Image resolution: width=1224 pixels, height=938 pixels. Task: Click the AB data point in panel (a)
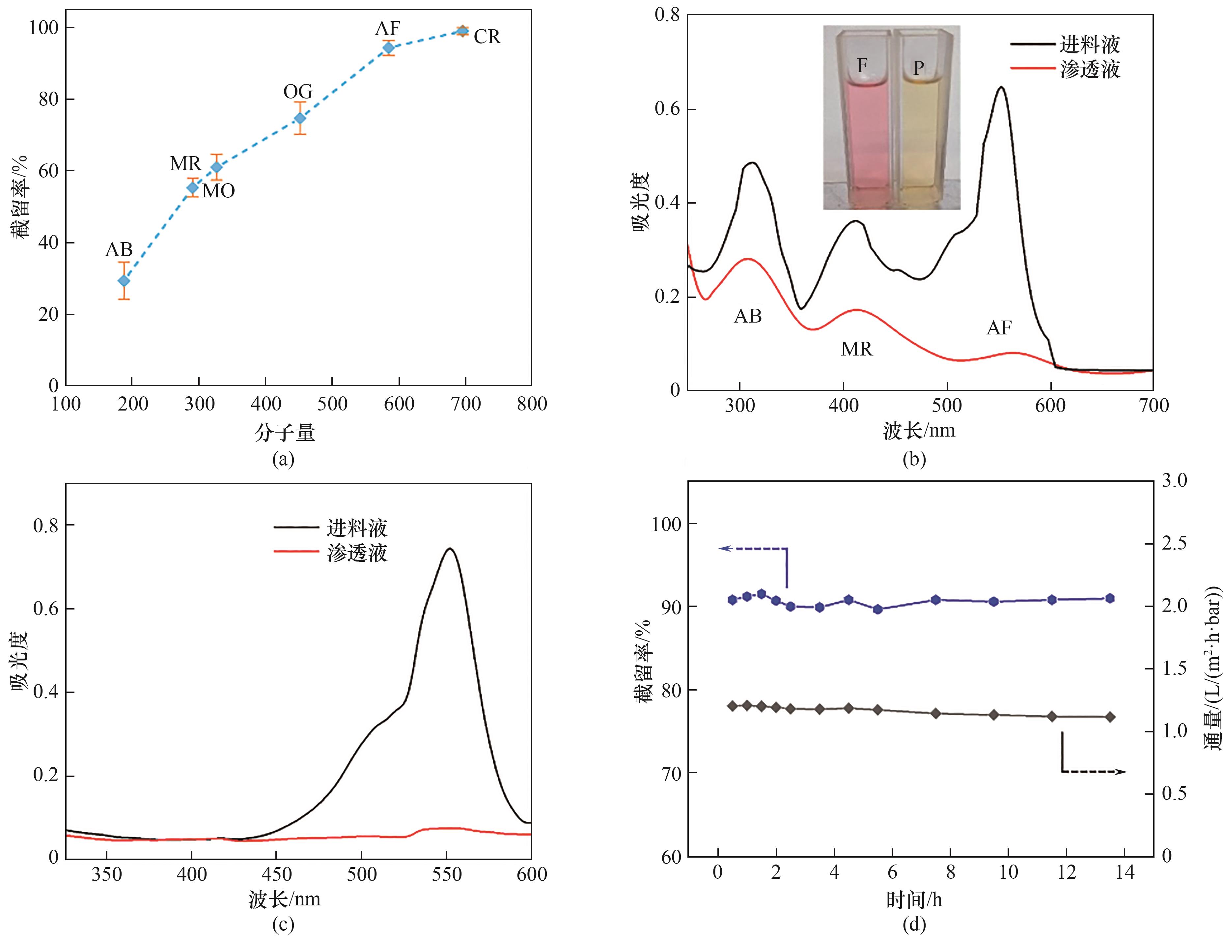pyautogui.click(x=124, y=280)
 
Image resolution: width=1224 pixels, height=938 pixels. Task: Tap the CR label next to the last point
pyautogui.click(x=487, y=37)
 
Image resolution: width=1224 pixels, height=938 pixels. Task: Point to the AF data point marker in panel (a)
pyautogui.click(x=388, y=47)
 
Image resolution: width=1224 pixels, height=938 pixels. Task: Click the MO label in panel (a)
pyautogui.click(x=218, y=191)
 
